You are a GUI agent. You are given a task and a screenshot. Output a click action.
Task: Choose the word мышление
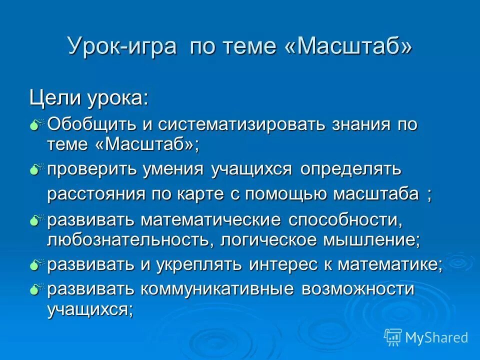click(368, 240)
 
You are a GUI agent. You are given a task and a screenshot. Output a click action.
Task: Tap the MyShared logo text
click(436, 337)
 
